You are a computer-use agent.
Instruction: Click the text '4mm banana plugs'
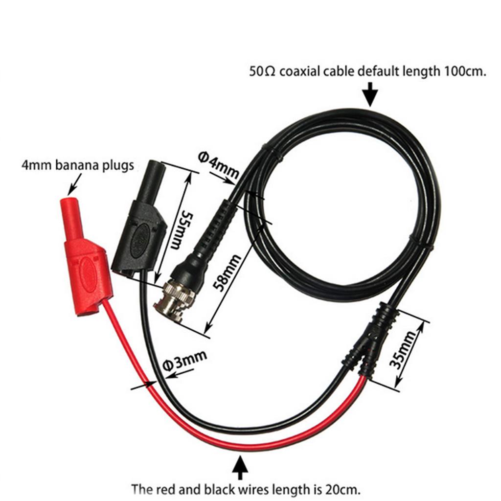pyautogui.click(x=77, y=165)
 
